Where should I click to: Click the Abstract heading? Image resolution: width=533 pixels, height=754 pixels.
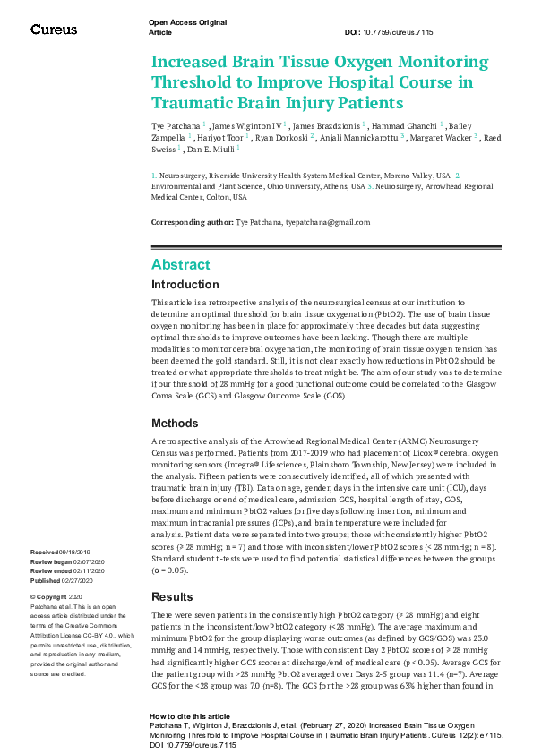[181, 264]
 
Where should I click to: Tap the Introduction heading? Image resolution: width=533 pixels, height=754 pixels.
[185, 285]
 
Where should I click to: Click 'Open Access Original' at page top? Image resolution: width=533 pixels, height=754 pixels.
[187, 21]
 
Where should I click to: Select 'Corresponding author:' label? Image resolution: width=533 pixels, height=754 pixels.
[192, 222]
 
